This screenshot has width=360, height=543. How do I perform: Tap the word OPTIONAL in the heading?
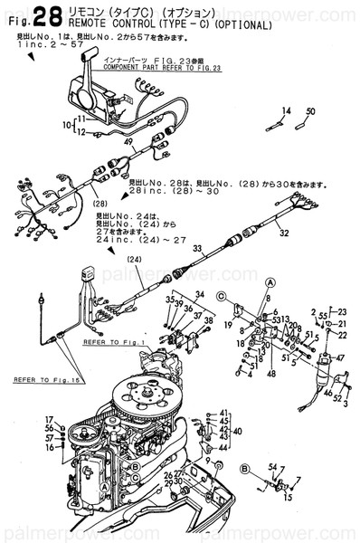243,25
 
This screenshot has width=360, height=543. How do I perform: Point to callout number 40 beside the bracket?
238,431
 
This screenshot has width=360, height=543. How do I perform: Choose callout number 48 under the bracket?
271,373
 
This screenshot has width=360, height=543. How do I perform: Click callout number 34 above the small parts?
200,295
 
